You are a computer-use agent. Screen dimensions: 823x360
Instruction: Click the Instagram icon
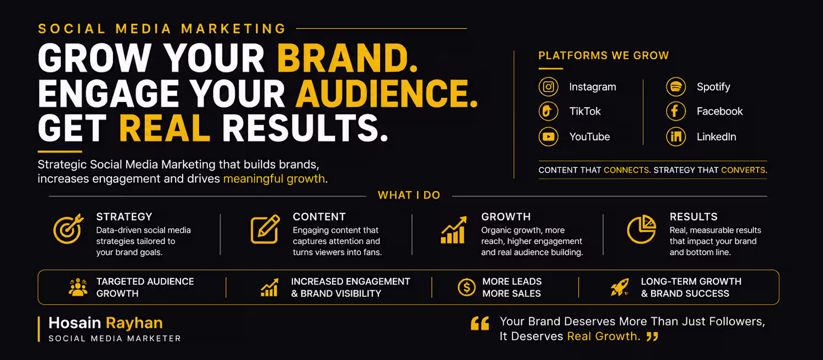[548, 87]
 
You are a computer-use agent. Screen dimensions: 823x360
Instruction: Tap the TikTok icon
[548, 111]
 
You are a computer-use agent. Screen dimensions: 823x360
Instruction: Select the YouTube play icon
[548, 137]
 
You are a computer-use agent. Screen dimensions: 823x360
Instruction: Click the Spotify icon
[675, 87]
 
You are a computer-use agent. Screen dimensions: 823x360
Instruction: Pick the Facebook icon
[675, 111]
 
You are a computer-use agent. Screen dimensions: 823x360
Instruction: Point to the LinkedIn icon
[675, 137]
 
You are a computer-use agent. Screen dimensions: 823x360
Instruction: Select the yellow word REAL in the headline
[165, 128]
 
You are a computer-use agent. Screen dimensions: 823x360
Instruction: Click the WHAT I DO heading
[409, 195]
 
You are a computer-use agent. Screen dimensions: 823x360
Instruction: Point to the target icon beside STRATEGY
[69, 229]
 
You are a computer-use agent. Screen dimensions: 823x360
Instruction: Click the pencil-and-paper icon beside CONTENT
[265, 229]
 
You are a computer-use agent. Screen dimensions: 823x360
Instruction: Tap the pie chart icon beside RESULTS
[641, 229]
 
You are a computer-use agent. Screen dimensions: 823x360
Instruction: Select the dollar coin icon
[466, 287]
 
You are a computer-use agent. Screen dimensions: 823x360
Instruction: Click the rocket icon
[620, 287]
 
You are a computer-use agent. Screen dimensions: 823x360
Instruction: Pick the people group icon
[78, 287]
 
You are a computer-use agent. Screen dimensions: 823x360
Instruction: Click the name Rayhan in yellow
[134, 323]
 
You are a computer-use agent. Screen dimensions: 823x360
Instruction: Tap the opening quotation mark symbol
[480, 323]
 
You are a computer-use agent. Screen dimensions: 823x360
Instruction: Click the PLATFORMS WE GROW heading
[604, 55]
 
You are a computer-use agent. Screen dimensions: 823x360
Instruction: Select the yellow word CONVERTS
[743, 170]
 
